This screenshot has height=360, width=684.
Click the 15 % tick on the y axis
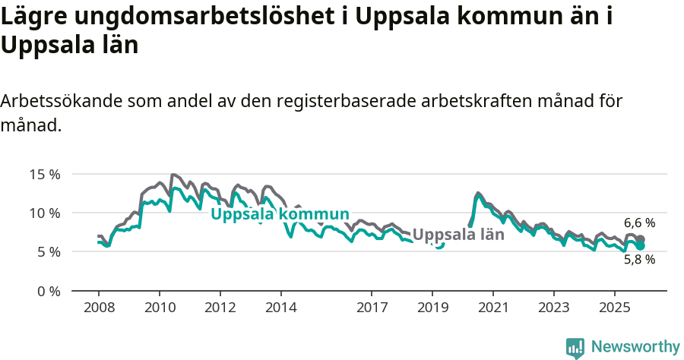pyautogui.click(x=45, y=174)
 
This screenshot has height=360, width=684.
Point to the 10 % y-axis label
pyautogui.click(x=45, y=213)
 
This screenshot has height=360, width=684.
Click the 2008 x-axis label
pyautogui.click(x=99, y=308)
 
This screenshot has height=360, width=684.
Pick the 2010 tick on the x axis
pyautogui.click(x=160, y=308)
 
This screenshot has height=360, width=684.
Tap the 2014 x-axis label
pyautogui.click(x=280, y=308)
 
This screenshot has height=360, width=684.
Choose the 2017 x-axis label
pyautogui.click(x=372, y=308)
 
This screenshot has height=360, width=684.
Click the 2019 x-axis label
pyautogui.click(x=432, y=308)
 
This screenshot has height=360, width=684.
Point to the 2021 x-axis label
pyautogui.click(x=493, y=308)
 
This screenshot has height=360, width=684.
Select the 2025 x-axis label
pyautogui.click(x=614, y=308)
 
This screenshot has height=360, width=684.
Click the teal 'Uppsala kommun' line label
pyautogui.click(x=280, y=214)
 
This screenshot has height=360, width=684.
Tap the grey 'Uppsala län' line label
pyautogui.click(x=458, y=235)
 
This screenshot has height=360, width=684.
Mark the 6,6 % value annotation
pyautogui.click(x=639, y=223)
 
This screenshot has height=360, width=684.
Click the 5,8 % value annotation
pyautogui.click(x=639, y=259)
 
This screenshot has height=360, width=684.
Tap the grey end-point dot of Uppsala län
pyautogui.click(x=641, y=239)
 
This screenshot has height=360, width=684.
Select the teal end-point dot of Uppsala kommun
pyautogui.click(x=641, y=246)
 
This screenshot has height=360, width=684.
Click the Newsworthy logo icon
pyautogui.click(x=575, y=347)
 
